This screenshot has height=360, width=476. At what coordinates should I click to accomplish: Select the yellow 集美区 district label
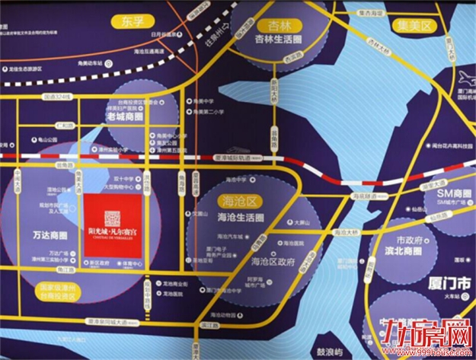point(416,25)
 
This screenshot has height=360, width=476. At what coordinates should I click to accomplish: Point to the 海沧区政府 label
point(272,260)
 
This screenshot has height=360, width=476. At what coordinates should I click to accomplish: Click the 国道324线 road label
point(57,97)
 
